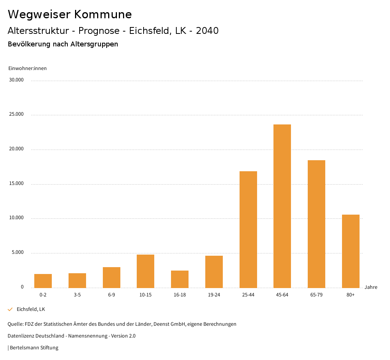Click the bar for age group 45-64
(282, 206)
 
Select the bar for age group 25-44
(248, 229)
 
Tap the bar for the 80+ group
(350, 251)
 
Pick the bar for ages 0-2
(43, 281)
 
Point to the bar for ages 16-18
(180, 279)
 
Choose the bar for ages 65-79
(316, 224)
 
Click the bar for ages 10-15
(145, 271)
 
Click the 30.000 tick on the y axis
(17, 80)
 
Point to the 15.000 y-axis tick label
(17, 183)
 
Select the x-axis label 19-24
(214, 295)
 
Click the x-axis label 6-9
(112, 295)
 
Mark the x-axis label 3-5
(77, 295)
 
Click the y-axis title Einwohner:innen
(27, 68)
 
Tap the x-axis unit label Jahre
(371, 287)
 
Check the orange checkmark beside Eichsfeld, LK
(10, 309)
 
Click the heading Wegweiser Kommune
(70, 14)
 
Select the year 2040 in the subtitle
(207, 31)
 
